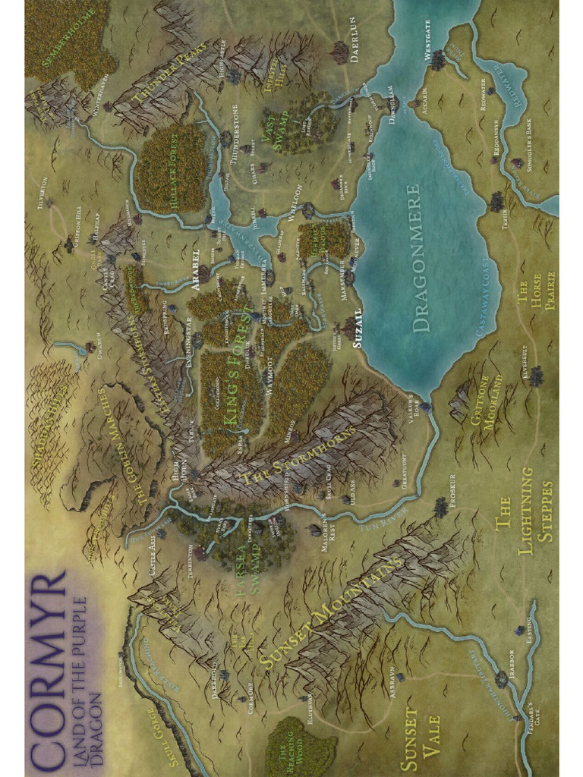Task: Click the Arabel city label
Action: pos(195,265)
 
